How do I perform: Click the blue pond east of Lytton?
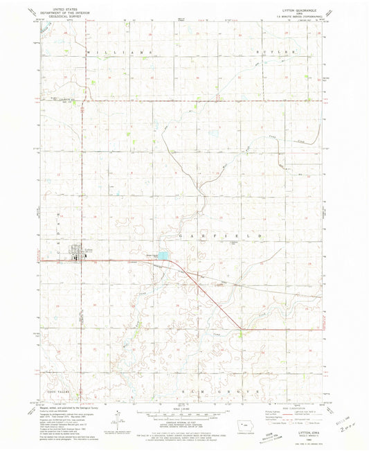(x=161, y=256)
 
